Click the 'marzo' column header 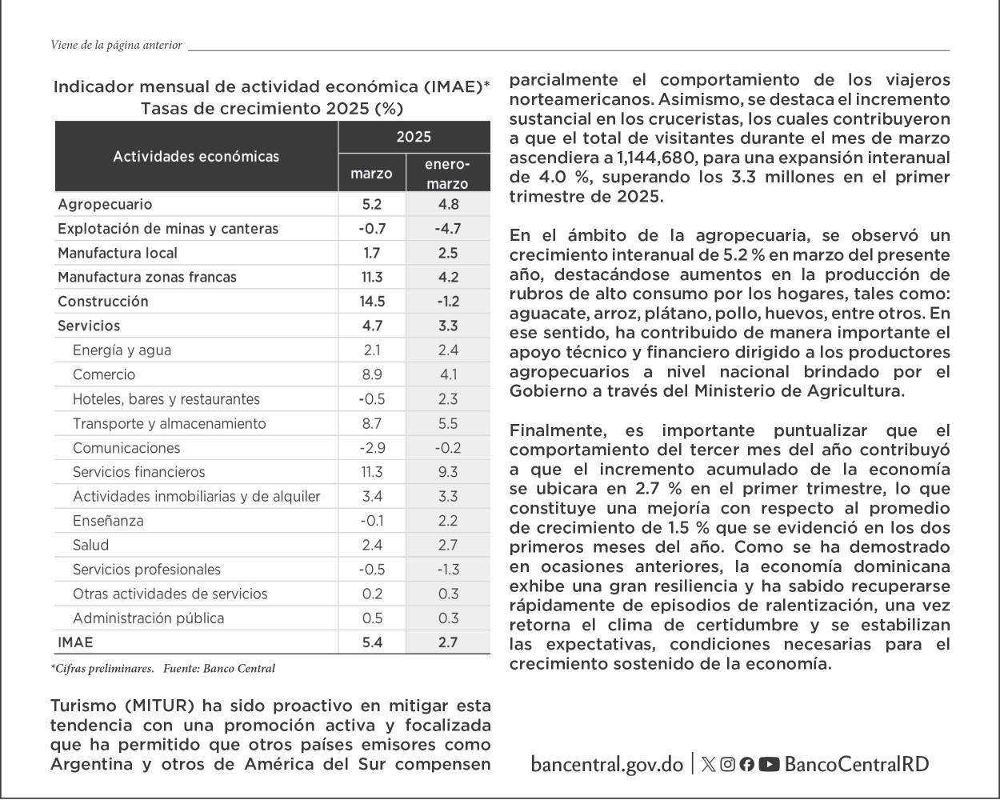(x=372, y=174)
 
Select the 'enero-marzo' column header (x=447, y=174)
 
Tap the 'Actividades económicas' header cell (x=196, y=156)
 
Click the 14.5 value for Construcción (x=372, y=302)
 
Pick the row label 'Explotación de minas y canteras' (x=168, y=229)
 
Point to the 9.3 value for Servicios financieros (x=448, y=472)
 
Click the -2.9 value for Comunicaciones (x=372, y=448)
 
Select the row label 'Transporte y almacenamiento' (x=169, y=423)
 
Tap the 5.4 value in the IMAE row (x=372, y=642)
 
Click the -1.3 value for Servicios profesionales (x=448, y=570)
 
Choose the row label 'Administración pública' (x=148, y=618)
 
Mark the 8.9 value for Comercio (x=372, y=374)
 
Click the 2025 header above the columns (x=414, y=137)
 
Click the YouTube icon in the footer (x=769, y=764)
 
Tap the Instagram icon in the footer (x=727, y=764)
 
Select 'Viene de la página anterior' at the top (x=116, y=46)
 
